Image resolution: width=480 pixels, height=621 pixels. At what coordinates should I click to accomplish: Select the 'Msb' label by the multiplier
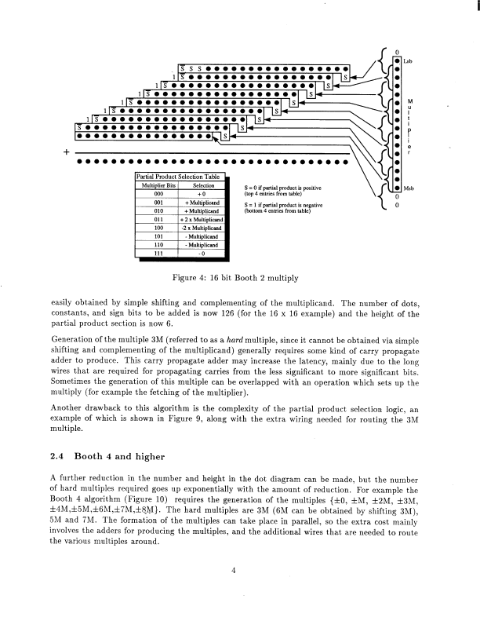tap(409, 189)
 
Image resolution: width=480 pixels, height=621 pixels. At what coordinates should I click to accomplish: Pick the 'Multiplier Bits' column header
tap(158, 184)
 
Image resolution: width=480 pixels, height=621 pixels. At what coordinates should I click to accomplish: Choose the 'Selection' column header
tap(203, 184)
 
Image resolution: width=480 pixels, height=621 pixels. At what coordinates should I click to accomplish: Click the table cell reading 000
tap(158, 193)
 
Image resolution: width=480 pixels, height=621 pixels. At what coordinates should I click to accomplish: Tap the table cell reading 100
tap(158, 228)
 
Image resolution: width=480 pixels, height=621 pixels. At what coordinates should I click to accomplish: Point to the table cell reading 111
tap(158, 253)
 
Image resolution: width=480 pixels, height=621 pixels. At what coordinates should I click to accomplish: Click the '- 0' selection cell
tap(203, 253)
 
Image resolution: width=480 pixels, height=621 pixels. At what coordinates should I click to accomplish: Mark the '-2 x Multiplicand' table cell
tap(203, 228)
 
